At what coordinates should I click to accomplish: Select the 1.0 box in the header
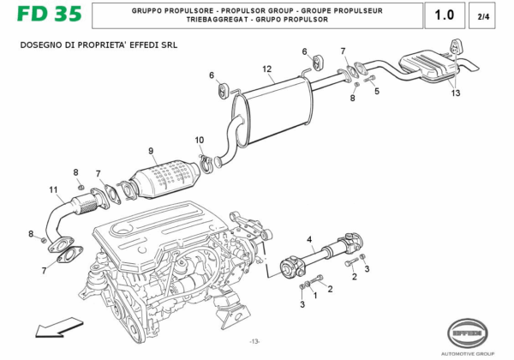click(444, 15)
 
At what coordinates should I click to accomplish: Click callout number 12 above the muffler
click(266, 69)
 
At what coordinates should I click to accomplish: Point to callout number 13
click(457, 93)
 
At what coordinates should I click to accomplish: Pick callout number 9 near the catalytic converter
click(151, 152)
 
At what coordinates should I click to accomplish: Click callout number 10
click(199, 140)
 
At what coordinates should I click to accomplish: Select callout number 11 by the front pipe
click(53, 189)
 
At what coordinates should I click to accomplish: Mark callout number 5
click(375, 91)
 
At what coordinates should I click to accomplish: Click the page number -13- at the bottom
click(254, 342)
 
